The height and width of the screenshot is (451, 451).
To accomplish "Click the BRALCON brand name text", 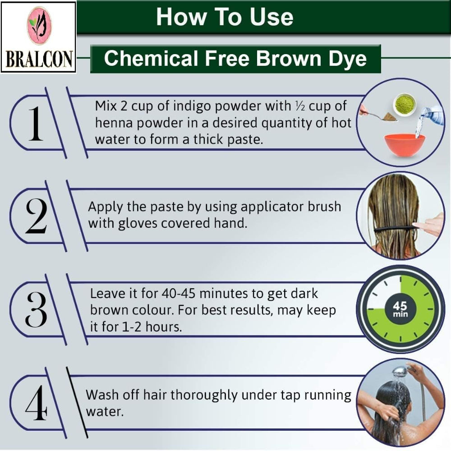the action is click(x=38, y=59).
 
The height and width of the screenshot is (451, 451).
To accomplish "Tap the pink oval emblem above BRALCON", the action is click(x=39, y=26).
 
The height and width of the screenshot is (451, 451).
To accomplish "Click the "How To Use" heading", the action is click(x=225, y=17).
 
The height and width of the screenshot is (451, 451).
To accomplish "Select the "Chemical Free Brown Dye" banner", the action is click(x=235, y=59).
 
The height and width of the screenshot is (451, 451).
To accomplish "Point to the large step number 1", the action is click(x=35, y=124).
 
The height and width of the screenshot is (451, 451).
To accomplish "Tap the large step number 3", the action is click(x=36, y=309).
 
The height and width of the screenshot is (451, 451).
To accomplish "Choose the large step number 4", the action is click(x=36, y=403).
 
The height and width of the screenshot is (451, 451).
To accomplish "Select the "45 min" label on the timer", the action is click(x=400, y=309).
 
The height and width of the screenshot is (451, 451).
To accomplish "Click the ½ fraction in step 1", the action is click(x=300, y=106).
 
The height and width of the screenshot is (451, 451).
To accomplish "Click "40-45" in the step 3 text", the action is click(x=179, y=294).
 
